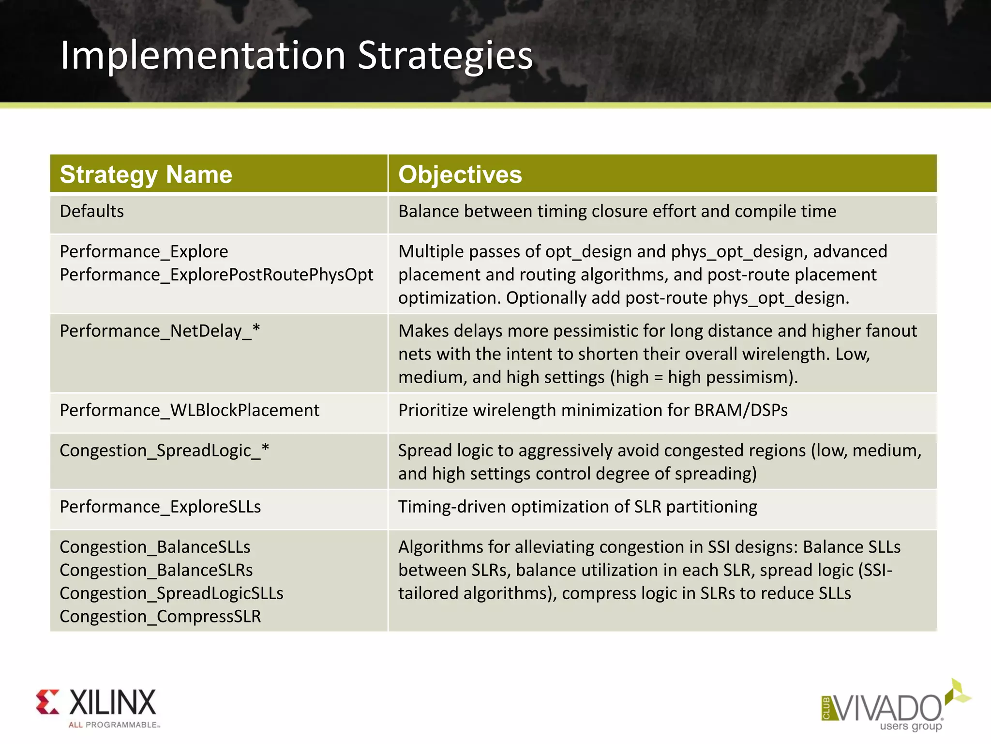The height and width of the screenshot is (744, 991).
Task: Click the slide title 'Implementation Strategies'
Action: pyautogui.click(x=296, y=56)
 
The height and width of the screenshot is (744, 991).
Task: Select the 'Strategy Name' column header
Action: pyautogui.click(x=146, y=174)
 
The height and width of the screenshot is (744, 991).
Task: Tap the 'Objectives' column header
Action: pyautogui.click(x=460, y=174)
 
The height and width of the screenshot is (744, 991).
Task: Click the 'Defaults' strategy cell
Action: pyautogui.click(x=92, y=211)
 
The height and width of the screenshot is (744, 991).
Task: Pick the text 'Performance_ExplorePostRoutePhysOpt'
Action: pyautogui.click(x=216, y=275)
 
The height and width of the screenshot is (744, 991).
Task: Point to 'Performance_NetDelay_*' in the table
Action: pyautogui.click(x=160, y=331)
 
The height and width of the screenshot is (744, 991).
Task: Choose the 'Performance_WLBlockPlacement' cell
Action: pyautogui.click(x=189, y=410)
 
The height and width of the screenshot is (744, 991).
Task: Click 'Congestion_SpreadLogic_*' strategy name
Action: pyautogui.click(x=164, y=450)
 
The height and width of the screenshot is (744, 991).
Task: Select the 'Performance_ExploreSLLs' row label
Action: pyautogui.click(x=160, y=507)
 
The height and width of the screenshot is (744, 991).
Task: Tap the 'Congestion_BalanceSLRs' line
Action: pyautogui.click(x=156, y=570)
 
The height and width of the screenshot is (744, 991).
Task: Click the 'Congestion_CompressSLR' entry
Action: pyautogui.click(x=160, y=617)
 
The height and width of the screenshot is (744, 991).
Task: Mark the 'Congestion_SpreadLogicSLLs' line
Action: pyautogui.click(x=171, y=593)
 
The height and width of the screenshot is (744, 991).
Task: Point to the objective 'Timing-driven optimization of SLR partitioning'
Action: pyautogui.click(x=577, y=507)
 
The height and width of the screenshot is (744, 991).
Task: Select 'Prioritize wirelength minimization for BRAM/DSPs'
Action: pyautogui.click(x=593, y=410)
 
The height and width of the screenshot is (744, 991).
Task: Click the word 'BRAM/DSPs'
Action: pyautogui.click(x=740, y=410)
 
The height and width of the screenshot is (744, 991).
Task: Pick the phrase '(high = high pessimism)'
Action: pyautogui.click(x=702, y=377)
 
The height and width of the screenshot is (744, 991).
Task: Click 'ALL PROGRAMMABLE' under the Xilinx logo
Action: pyautogui.click(x=114, y=725)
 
